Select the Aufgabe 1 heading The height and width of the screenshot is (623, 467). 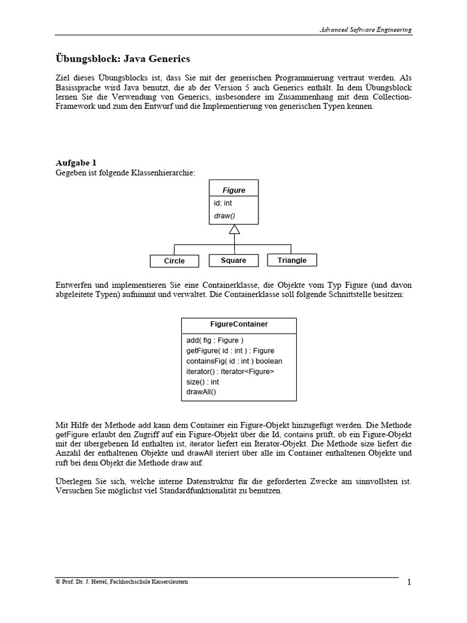pyautogui.click(x=76, y=163)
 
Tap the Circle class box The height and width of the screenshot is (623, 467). pyautogui.click(x=175, y=261)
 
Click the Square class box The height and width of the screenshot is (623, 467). pyautogui.click(x=233, y=260)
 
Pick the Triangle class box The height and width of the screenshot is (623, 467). pyautogui.click(x=292, y=260)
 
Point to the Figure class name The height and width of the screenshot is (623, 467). pyautogui.click(x=233, y=190)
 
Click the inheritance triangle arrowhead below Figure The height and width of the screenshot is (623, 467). pyautogui.click(x=234, y=229)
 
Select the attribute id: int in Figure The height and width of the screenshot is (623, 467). pyautogui.click(x=223, y=203)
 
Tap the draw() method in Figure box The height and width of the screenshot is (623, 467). pyautogui.click(x=224, y=216)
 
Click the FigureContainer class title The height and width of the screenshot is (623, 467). pyautogui.click(x=238, y=324)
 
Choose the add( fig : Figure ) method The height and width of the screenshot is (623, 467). pyautogui.click(x=215, y=340)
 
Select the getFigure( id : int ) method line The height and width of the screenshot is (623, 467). pyautogui.click(x=230, y=350)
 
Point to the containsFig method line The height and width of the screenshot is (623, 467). pyautogui.click(x=234, y=361)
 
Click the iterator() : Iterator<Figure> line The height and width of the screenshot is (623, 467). pyautogui.click(x=230, y=371)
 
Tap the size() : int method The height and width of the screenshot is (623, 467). pyautogui.click(x=202, y=381)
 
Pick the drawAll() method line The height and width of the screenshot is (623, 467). pyautogui.click(x=201, y=392)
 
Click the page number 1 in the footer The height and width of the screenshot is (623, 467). pyautogui.click(x=409, y=583)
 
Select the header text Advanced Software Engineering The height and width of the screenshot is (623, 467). pyautogui.click(x=366, y=29)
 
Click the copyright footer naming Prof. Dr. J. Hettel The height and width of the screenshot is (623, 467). pyautogui.click(x=122, y=582)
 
